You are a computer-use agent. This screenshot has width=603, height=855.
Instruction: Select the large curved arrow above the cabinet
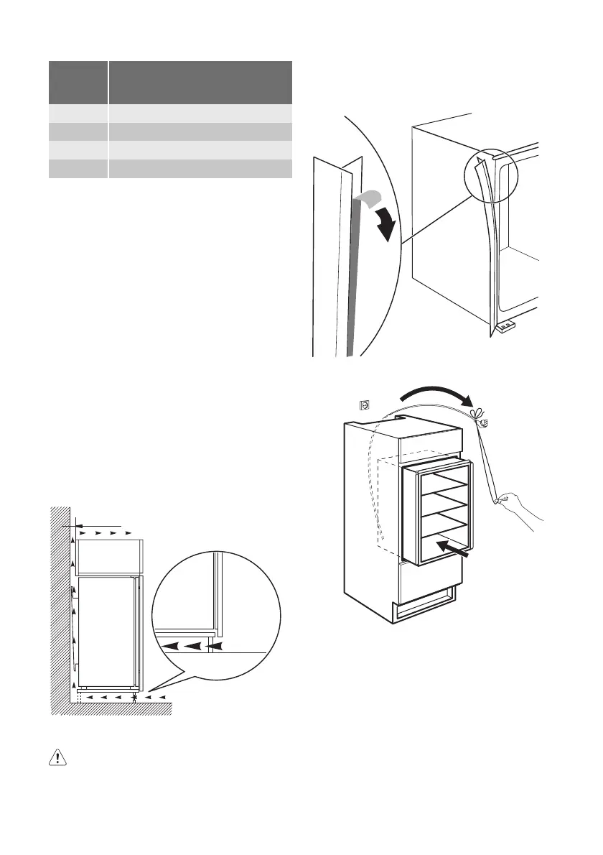point(435,394)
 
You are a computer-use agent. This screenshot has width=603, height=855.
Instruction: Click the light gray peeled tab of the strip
point(368,201)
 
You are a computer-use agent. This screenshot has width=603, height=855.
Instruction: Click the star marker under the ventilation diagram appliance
point(136,697)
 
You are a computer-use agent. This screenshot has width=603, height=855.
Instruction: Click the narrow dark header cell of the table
point(78,83)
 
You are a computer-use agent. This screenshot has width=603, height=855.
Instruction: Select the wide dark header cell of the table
point(200,83)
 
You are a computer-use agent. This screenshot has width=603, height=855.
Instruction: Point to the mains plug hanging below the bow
point(483,423)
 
